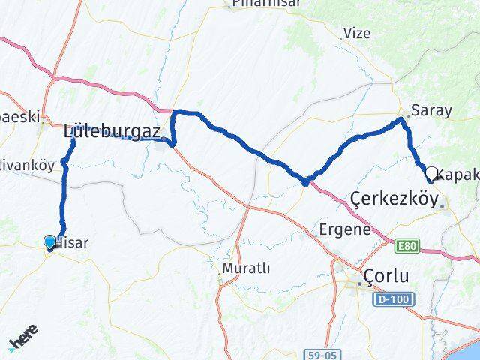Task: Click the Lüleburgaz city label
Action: point(112,131)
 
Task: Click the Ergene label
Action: point(344,229)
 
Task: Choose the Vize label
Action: point(356,34)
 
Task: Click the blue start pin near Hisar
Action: point(50,241)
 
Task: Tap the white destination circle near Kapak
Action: point(431,172)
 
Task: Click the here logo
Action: point(23,341)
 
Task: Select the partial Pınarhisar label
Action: point(265,4)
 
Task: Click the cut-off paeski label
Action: point(18,117)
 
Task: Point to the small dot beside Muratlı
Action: point(220,277)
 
